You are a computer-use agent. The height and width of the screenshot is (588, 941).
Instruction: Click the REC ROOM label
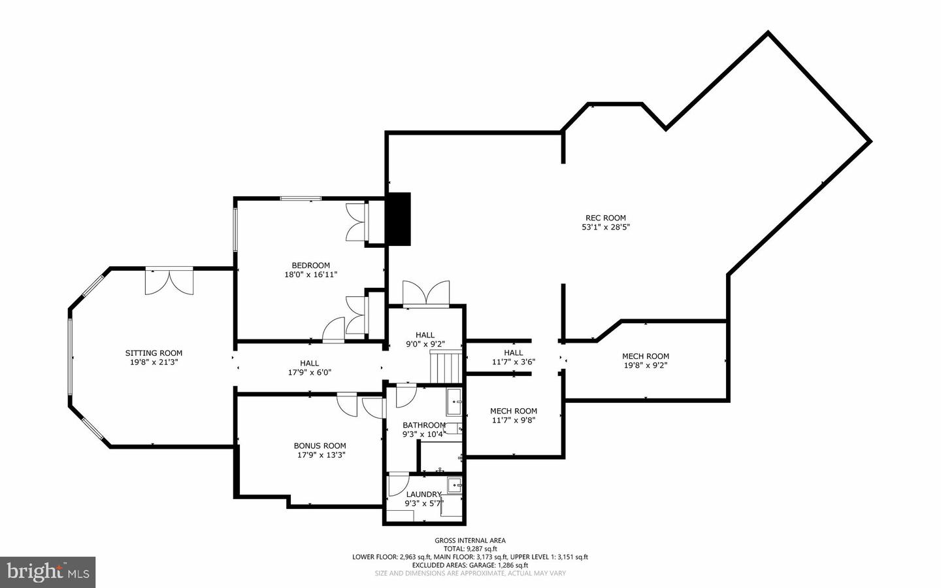(605, 218)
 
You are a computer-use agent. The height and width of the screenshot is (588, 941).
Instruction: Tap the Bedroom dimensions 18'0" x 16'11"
(310, 275)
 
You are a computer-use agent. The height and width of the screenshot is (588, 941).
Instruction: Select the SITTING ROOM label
(154, 353)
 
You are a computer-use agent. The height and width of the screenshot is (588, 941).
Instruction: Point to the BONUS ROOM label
(320, 446)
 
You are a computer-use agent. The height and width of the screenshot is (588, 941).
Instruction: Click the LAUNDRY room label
(423, 494)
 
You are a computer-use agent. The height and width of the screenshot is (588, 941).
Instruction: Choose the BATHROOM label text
(423, 425)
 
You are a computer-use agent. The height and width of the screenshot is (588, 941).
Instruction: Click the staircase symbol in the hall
(446, 366)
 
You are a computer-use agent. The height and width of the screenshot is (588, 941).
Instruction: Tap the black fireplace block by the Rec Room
(398, 218)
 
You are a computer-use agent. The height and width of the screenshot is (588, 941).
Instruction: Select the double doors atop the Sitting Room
(169, 281)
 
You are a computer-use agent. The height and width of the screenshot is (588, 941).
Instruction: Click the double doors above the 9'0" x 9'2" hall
(426, 294)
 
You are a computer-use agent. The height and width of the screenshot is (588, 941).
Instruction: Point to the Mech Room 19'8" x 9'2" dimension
(645, 366)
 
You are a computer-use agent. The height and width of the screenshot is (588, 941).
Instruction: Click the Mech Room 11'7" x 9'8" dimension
(513, 421)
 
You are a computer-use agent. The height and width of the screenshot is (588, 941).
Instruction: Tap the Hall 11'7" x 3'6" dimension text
(513, 362)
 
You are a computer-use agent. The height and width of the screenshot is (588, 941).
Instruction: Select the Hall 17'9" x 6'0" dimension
(309, 372)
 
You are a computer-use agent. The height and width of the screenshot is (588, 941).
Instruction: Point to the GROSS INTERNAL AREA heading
(470, 540)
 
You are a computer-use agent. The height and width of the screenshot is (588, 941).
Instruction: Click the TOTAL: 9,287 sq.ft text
(470, 549)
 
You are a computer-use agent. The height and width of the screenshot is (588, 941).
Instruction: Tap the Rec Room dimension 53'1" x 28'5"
(605, 228)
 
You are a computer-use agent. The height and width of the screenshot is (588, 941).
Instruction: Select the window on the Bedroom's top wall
(301, 198)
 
